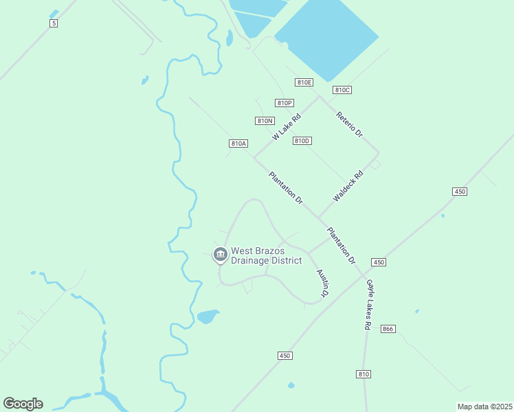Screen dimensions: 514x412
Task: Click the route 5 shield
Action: (54, 23)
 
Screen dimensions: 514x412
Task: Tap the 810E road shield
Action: (304, 82)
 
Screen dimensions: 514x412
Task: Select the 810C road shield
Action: (342, 90)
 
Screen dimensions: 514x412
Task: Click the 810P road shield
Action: (284, 103)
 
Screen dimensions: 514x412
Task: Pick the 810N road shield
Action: (265, 121)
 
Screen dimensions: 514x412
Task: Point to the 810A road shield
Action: (238, 144)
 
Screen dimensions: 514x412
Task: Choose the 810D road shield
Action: (302, 141)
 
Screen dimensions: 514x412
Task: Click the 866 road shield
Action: (388, 329)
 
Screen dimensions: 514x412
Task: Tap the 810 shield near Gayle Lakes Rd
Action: (364, 374)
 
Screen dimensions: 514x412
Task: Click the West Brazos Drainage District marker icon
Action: (220, 255)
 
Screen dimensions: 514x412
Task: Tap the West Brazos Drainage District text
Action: (266, 255)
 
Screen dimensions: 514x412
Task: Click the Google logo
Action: (23, 404)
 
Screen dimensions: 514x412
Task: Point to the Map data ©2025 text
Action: (484, 407)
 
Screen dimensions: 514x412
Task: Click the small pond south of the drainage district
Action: (208, 317)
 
